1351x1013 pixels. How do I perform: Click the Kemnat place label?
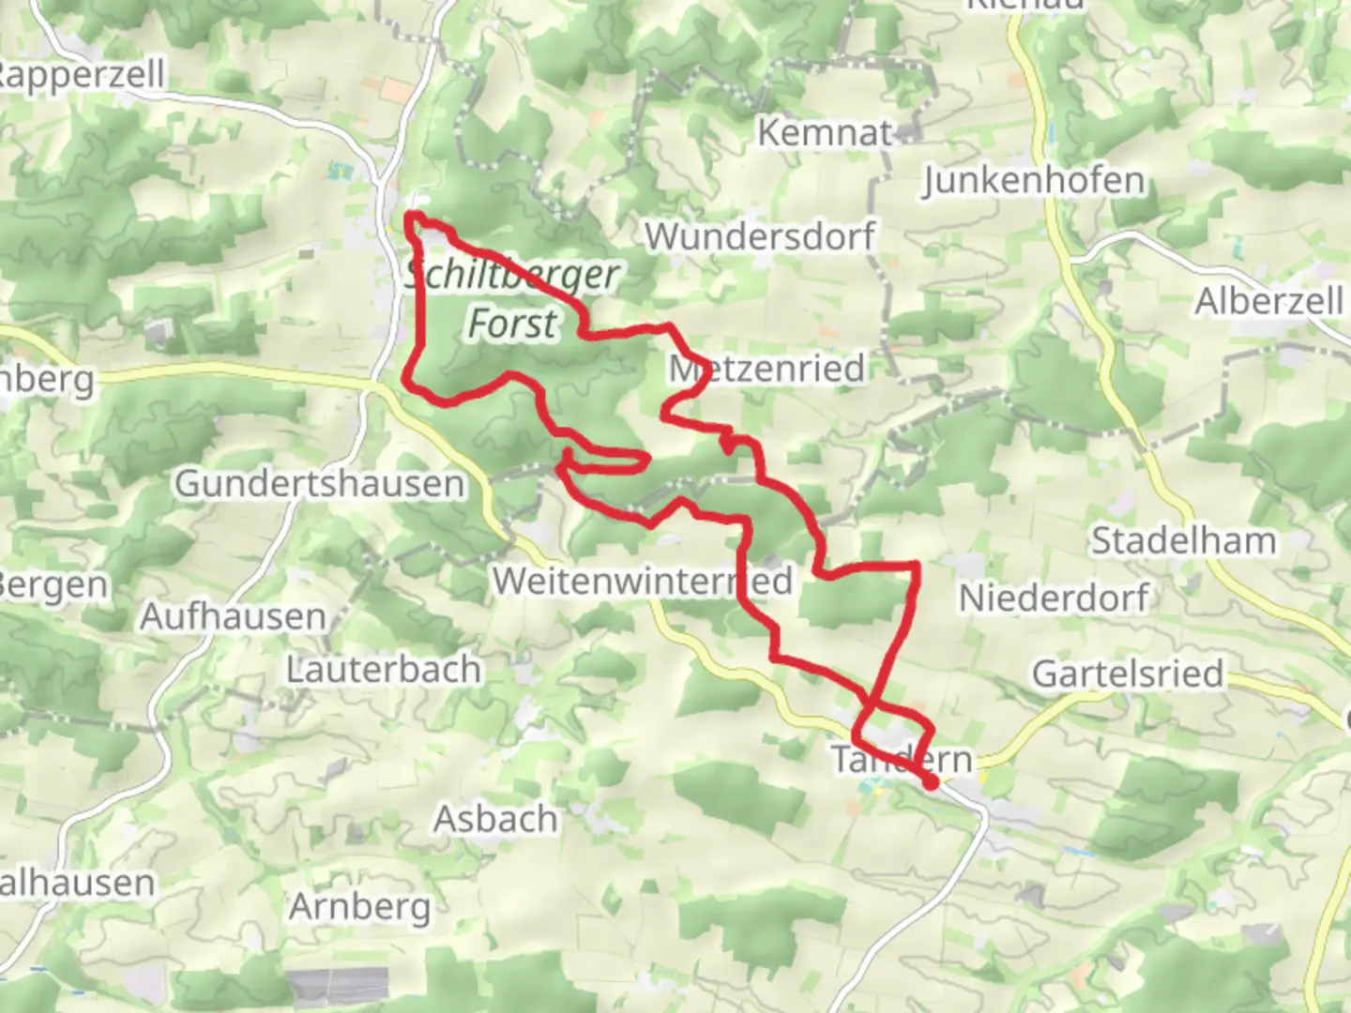pos(824,132)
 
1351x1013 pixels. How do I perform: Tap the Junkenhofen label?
pos(1034,180)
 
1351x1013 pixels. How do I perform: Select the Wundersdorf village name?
pos(760,235)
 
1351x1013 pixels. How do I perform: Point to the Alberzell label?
pos(1268,301)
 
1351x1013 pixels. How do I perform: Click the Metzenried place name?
pos(767,368)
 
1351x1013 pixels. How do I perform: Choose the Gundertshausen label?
pos(320,483)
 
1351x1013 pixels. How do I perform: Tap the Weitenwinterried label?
pos(643,581)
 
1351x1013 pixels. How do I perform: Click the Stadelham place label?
pos(1183,540)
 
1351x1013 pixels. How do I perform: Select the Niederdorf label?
pos(1054,597)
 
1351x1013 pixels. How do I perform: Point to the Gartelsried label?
pos(1128,673)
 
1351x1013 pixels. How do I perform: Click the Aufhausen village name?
pos(234,617)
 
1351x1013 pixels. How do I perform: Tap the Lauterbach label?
pos(384,670)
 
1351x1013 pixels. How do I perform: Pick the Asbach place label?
pos(495,819)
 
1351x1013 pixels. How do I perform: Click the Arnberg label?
pos(360,907)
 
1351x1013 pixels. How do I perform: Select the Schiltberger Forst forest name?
pos(513,299)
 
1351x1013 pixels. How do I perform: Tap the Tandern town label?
pos(902,759)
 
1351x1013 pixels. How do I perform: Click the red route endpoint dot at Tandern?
pos(931,782)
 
